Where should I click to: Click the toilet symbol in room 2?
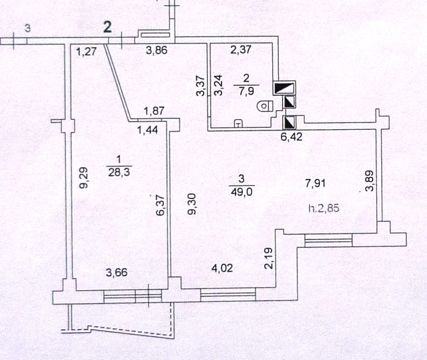[265, 106]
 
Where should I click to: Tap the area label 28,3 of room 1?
[119, 172]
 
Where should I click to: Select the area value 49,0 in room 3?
[242, 192]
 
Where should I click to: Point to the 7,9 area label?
[246, 90]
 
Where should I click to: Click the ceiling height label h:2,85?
[324, 209]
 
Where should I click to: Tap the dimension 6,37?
[161, 205]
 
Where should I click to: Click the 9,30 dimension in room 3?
[193, 204]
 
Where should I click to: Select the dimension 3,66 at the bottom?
[117, 272]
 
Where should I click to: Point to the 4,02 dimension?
[222, 268]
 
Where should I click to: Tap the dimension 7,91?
[315, 183]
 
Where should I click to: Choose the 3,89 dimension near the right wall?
[369, 181]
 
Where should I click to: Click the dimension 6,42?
[292, 137]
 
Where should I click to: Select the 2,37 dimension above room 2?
[241, 50]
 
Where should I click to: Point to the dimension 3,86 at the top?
[157, 50]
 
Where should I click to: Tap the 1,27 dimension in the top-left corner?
[86, 51]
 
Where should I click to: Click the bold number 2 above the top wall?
[108, 28]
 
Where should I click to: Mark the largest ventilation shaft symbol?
[284, 88]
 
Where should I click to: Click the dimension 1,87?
[154, 111]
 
